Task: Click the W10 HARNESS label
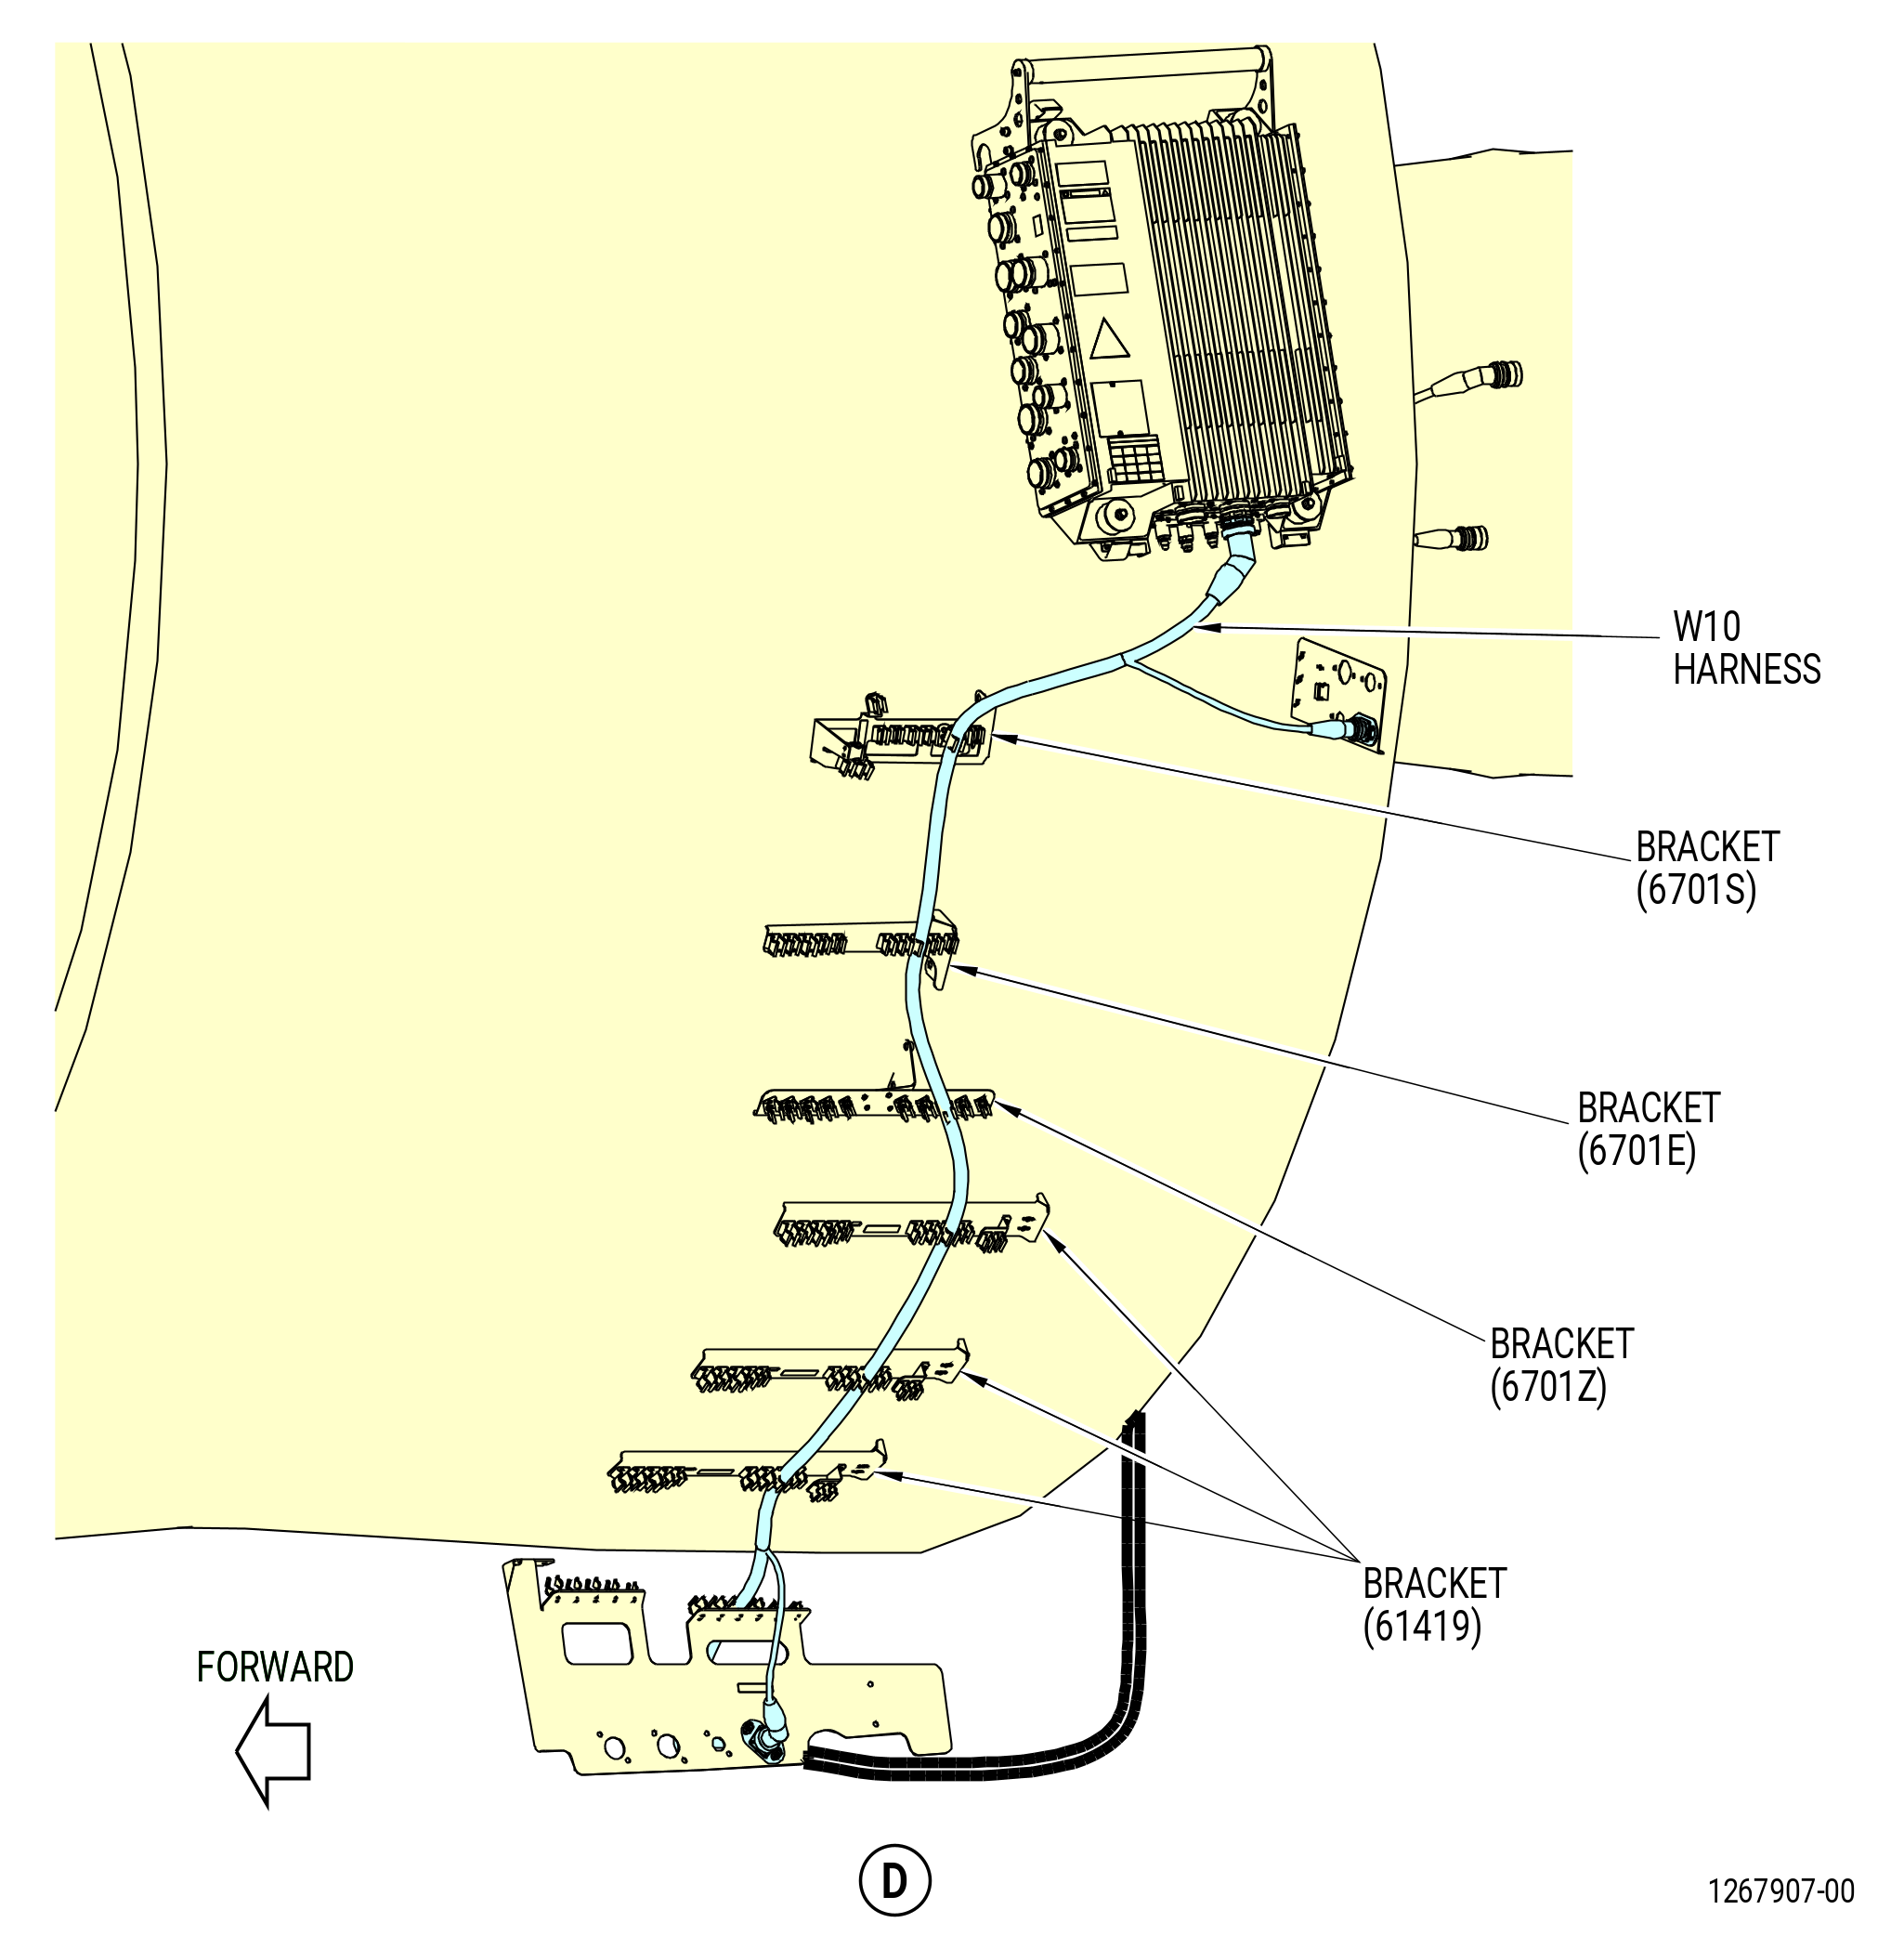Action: pos(1746,648)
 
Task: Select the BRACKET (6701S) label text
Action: pos(1706,868)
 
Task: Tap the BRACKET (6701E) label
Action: pos(1649,1130)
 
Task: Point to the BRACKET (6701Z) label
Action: pos(1561,1366)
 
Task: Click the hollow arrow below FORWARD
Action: pos(272,1751)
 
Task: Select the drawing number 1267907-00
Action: pos(1781,1890)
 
